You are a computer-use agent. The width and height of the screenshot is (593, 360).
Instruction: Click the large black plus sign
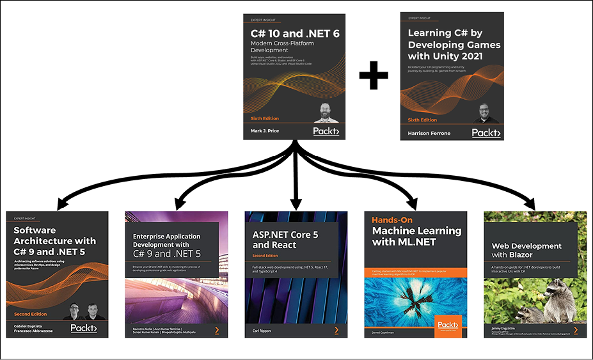[x=373, y=77]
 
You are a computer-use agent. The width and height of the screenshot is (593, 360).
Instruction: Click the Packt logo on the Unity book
[x=486, y=132]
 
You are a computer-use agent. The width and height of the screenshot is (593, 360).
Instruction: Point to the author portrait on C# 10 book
[x=327, y=113]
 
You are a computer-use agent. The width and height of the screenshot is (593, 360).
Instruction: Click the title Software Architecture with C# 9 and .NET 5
[x=54, y=241]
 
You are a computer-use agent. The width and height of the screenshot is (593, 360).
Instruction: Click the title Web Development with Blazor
[x=526, y=250]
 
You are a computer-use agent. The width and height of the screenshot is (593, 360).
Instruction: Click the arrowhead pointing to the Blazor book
[x=529, y=204]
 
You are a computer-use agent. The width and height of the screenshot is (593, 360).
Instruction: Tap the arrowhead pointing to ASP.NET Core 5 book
[x=296, y=203]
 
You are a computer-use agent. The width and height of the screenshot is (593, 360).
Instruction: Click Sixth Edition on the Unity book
[x=423, y=120]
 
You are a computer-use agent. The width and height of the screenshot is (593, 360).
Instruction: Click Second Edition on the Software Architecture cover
[x=31, y=314]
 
